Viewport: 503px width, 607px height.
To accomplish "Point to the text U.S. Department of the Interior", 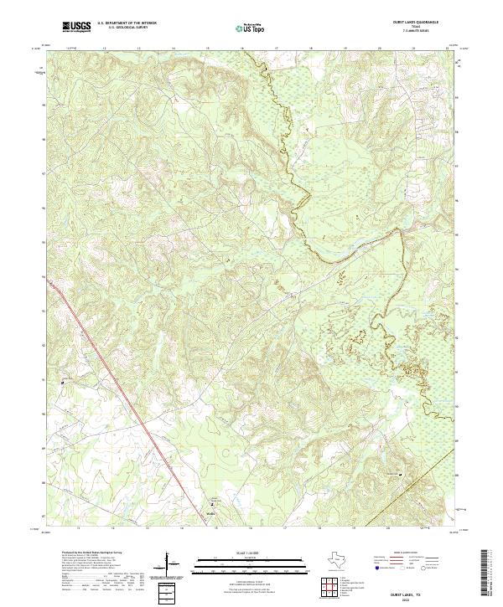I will pos(127,23).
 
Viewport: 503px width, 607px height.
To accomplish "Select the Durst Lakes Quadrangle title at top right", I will pos(417,23).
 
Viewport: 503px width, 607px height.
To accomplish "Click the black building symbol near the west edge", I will pos(63,383).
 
